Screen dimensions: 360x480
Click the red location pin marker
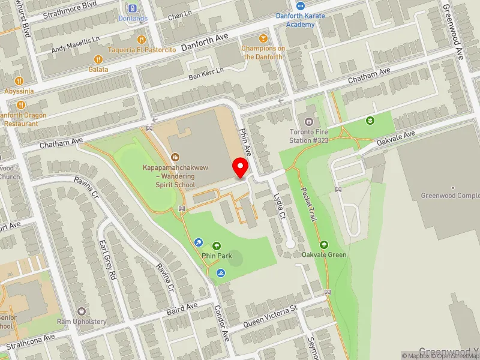click(241, 167)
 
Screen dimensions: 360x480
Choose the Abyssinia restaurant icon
click(19, 80)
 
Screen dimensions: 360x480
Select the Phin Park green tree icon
click(216, 245)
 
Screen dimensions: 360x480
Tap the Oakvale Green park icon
click(324, 244)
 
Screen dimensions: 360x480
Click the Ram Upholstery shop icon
click(82, 311)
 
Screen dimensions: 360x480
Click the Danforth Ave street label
click(205, 40)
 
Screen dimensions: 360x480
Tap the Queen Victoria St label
click(269, 317)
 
